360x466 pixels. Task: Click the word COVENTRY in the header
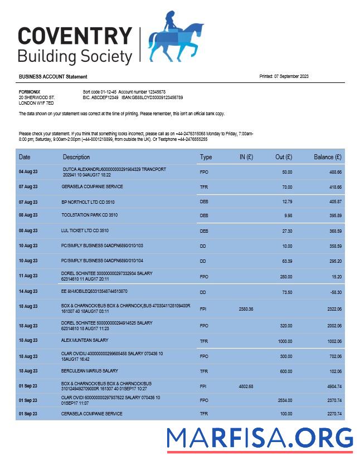click(x=75, y=36)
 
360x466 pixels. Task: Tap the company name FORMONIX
click(x=29, y=91)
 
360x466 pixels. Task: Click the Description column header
click(x=76, y=157)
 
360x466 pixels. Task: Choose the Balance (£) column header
click(x=327, y=157)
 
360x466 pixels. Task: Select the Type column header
click(x=206, y=157)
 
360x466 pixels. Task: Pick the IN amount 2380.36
click(x=246, y=308)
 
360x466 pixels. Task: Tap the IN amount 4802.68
click(x=246, y=385)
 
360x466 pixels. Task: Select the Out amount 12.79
click(x=287, y=201)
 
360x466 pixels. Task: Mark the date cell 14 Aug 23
click(x=28, y=291)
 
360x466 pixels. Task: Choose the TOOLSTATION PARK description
click(x=89, y=215)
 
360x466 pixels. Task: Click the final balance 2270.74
click(x=332, y=414)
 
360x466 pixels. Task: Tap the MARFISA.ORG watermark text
click(x=260, y=437)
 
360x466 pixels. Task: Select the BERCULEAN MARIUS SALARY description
click(x=90, y=371)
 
